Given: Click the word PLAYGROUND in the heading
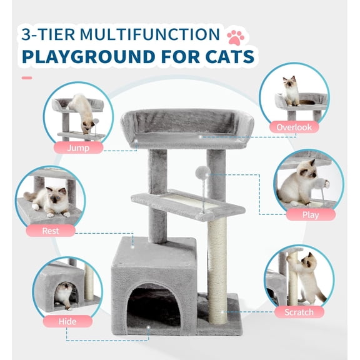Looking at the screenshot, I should click(77, 57).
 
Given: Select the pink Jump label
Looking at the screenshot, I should click(77, 148).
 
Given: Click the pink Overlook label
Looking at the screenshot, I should click(293, 127).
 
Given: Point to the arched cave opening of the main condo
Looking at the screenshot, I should click(153, 306).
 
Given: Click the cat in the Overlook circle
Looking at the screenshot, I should click(291, 91).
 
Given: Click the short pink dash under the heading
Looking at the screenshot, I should click(26, 78).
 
